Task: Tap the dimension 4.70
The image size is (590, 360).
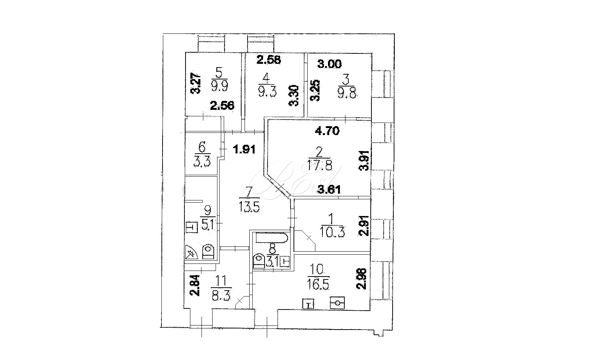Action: [x=327, y=131]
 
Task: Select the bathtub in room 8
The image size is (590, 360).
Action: [x=270, y=238]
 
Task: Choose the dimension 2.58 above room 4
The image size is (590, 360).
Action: [x=269, y=59]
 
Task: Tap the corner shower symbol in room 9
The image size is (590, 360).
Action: [x=191, y=254]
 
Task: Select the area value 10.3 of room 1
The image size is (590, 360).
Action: [x=332, y=233]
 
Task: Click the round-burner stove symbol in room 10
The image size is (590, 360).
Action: [x=337, y=303]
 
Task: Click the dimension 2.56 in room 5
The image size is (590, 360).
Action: [x=222, y=106]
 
